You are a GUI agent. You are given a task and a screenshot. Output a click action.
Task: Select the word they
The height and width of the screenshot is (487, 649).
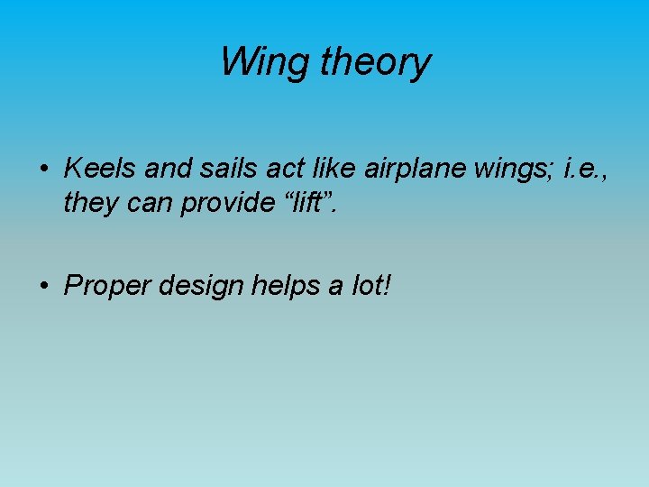point(89,205)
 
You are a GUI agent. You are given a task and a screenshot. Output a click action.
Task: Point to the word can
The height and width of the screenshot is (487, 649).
point(146,205)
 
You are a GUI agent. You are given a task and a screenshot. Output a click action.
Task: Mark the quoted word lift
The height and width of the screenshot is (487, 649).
point(301,203)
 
